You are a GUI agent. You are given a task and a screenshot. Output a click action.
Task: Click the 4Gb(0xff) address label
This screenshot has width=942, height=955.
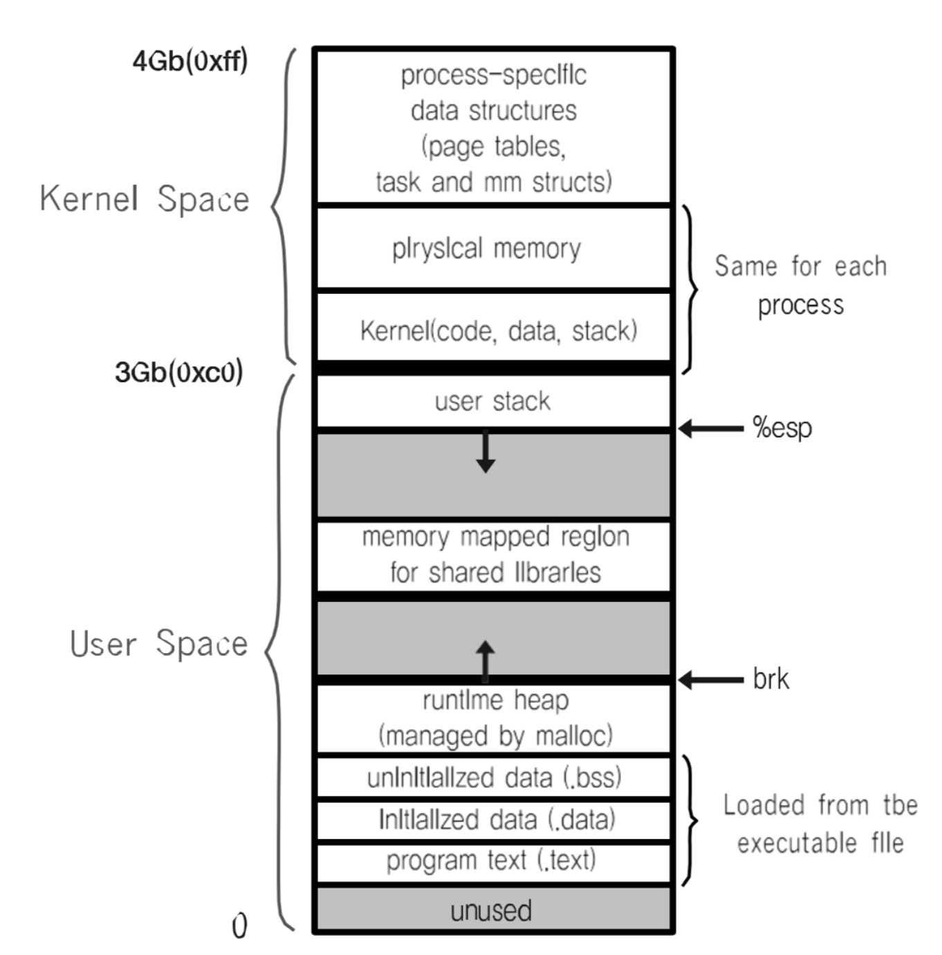coord(190,62)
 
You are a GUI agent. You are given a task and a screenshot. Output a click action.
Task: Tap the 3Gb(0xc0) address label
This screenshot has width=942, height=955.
coord(178,372)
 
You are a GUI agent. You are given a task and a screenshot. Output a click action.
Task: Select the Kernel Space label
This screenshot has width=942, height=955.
coord(144,199)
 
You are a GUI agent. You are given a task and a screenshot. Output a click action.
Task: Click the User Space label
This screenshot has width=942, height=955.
coord(158,643)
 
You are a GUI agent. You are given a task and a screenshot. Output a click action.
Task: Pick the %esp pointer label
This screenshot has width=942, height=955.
coord(782,428)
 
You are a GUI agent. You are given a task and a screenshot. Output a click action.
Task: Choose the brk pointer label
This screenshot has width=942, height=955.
coord(770,679)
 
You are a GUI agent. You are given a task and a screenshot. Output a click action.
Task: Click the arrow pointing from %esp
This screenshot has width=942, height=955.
coord(711,429)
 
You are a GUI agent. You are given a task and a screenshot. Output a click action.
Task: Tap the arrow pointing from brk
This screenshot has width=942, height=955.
coord(711,680)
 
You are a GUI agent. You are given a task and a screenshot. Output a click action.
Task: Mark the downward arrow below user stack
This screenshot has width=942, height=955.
coord(486,453)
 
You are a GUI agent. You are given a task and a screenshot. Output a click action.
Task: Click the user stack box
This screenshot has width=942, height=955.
coord(492,401)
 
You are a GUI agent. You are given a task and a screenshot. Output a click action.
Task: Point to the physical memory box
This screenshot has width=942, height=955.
coord(487,249)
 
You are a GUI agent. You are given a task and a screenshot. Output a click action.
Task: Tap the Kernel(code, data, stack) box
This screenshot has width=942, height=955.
coord(498,331)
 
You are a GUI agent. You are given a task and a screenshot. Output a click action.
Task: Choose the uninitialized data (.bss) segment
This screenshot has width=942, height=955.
coord(494,778)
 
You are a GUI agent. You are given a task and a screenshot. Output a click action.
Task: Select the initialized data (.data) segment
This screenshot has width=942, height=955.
coord(497,820)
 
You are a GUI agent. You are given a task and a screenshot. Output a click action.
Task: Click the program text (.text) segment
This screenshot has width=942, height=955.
coord(491,861)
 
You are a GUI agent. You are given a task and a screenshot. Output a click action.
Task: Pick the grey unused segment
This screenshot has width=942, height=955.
coord(491,911)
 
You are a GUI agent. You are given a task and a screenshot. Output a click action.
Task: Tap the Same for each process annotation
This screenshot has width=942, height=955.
coord(800,285)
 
